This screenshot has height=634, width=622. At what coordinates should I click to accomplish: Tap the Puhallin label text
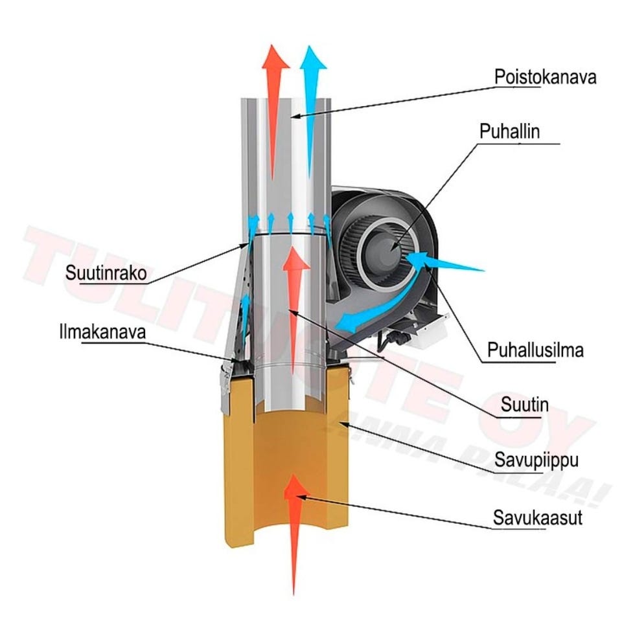(x=509, y=131)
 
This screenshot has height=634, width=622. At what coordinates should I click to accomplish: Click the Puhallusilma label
(x=536, y=350)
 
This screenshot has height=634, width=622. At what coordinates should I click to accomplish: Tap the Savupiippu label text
(x=534, y=462)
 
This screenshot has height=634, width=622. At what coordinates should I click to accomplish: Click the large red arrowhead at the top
(x=275, y=59)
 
